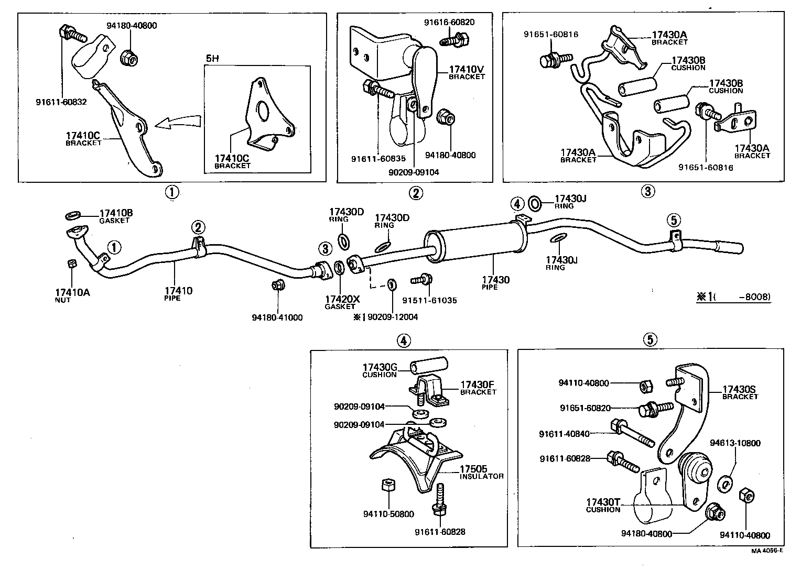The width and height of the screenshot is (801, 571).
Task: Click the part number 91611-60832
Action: pos(61,102)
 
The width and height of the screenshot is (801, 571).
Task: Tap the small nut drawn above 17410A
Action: pos(72,263)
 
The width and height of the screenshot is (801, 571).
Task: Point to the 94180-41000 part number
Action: pos(277,317)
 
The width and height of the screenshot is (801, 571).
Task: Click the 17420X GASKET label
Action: pos(342,302)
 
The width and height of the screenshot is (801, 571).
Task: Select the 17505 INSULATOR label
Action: pos(481,472)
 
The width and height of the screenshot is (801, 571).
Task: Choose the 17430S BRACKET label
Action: pos(740,392)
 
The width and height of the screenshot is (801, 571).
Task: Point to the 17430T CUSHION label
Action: pos(603,505)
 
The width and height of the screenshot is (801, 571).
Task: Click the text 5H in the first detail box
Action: pos(212,59)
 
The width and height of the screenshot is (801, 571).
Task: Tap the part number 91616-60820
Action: pos(449,22)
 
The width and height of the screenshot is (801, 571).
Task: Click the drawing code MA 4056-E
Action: pos(767,551)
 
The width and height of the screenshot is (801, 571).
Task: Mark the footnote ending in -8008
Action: pos(733,297)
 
